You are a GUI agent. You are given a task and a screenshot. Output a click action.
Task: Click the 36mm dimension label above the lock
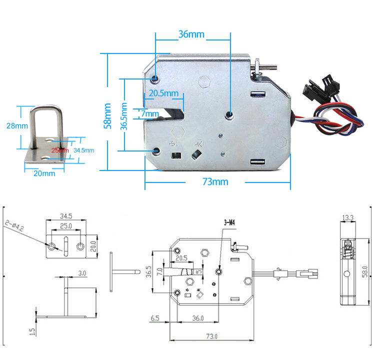191,34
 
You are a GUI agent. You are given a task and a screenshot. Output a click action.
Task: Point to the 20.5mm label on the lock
163,93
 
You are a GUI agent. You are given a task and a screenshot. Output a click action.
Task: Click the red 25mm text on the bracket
59,150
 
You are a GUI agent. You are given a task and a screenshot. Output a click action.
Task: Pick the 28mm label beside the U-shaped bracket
17,126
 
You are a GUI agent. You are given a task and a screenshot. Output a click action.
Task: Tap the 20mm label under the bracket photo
44,173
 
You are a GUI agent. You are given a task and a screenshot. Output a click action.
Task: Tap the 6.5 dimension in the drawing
155,317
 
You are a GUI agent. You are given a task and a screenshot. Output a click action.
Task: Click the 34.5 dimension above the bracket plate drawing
66,216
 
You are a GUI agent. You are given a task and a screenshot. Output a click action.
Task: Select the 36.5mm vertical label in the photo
124,116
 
